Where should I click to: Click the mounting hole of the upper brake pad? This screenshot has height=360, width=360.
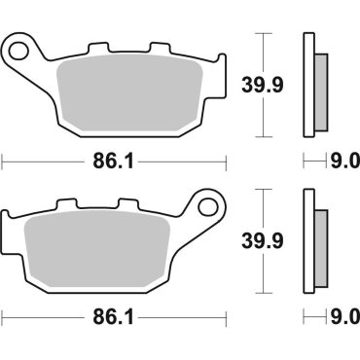[18, 48]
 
